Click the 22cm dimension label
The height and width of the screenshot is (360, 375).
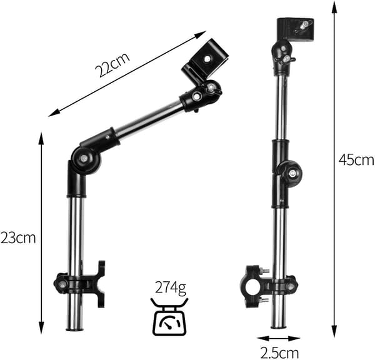coord(112,64)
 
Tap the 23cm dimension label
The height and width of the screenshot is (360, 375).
coord(18,238)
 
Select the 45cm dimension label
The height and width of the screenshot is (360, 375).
coord(356,160)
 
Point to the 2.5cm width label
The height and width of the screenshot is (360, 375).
coord(279,353)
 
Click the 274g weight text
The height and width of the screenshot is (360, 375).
coord(171,287)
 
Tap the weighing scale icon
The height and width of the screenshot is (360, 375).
coord(169,316)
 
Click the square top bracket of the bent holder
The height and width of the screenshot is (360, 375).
coord(205,61)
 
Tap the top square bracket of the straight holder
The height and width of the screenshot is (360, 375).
coord(295,29)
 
